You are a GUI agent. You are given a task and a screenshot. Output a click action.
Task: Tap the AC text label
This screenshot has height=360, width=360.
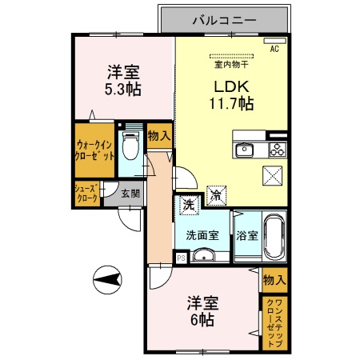click(274, 49)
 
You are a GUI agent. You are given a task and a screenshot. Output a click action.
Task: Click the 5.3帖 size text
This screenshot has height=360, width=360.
click(122, 89)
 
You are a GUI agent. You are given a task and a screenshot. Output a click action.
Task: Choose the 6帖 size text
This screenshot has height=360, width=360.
click(201, 318)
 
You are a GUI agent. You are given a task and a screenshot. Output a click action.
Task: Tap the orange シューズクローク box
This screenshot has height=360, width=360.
click(86, 194)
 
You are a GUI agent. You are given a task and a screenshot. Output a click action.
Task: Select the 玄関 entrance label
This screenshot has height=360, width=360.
click(129, 193)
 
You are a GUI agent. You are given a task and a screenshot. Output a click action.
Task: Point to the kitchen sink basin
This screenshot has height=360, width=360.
click(244, 150)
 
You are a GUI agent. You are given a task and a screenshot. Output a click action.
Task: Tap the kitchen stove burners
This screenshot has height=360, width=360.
click(277, 149)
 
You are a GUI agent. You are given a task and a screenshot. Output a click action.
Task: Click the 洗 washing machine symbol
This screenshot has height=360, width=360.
click(187, 204)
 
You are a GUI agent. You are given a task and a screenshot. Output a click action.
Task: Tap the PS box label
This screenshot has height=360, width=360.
click(181, 258)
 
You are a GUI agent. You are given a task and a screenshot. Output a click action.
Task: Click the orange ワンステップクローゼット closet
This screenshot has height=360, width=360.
click(274, 324)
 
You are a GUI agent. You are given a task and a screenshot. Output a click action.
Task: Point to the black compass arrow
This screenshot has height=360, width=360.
click(108, 280)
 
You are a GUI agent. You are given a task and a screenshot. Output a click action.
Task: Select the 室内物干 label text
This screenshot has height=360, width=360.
click(231, 56)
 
